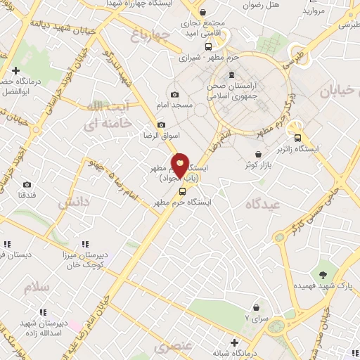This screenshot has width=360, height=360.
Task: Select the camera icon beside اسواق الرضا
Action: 162,124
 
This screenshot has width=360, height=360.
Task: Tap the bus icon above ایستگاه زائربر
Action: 297,138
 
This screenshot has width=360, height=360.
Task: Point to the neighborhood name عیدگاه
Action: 258,204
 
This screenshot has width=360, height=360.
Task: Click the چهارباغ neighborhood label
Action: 150,33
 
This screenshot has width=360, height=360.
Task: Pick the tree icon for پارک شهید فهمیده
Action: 323,275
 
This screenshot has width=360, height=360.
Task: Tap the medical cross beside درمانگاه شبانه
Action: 234,342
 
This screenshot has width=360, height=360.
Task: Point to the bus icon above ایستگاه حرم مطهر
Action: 183,191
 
